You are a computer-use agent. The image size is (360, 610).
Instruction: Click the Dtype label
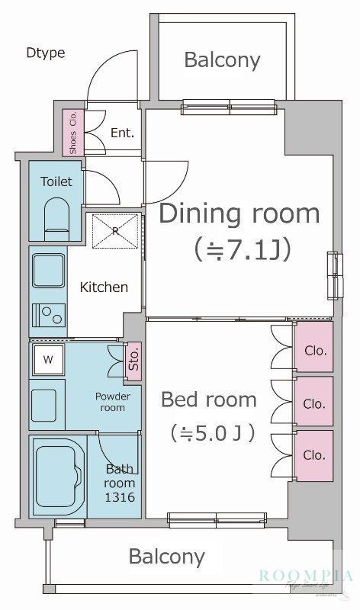tap(45, 53)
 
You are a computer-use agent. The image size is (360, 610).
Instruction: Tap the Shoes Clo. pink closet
tap(73, 133)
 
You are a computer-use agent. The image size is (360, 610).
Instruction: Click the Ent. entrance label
tap(122, 132)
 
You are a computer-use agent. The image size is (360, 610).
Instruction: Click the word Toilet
tap(56, 181)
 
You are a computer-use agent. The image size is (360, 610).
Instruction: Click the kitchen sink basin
tap(48, 271)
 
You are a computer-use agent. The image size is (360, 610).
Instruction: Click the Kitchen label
tap(104, 287)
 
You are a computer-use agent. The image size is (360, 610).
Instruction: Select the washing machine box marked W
tap(48, 358)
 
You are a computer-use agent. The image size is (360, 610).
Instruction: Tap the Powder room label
tap(112, 402)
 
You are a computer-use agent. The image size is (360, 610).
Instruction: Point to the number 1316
tap(120, 497)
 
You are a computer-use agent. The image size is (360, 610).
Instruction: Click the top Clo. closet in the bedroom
tap(314, 351)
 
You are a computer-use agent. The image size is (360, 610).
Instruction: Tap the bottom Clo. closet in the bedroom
tap(314, 455)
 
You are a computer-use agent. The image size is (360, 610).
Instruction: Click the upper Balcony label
tap(222, 59)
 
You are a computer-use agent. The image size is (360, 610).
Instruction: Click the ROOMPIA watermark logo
tap(306, 577)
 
